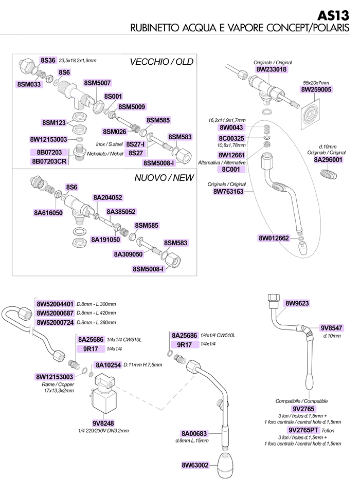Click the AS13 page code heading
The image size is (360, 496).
click(333, 15)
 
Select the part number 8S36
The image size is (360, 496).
click(48, 61)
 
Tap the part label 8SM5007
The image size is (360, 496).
click(97, 83)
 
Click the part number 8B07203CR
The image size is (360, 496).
click(49, 161)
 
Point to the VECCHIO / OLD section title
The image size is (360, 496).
click(161, 62)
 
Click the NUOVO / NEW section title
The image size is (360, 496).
click(164, 178)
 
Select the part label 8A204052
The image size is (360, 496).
click(107, 197)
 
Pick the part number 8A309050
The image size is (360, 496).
click(128, 254)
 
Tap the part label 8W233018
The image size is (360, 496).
click(272, 69)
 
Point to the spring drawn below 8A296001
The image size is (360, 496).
click(329, 174)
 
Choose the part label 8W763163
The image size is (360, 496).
click(228, 191)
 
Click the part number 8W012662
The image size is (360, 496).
click(274, 238)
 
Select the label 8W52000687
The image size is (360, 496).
click(55, 313)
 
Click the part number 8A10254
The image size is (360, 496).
click(109, 365)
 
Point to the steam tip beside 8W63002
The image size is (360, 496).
click(227, 466)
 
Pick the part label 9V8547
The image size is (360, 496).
click(331, 328)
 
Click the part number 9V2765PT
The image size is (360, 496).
click(303, 430)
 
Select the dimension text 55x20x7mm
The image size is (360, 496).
click(316, 83)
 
